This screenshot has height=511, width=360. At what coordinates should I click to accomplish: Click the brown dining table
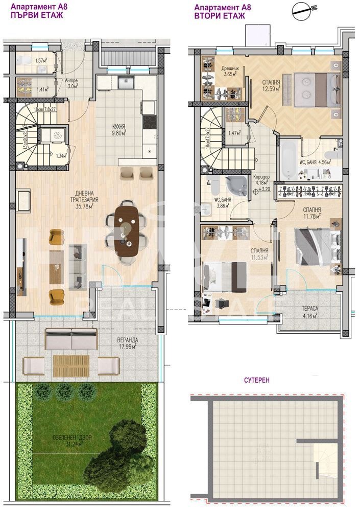click(x=126, y=229)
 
